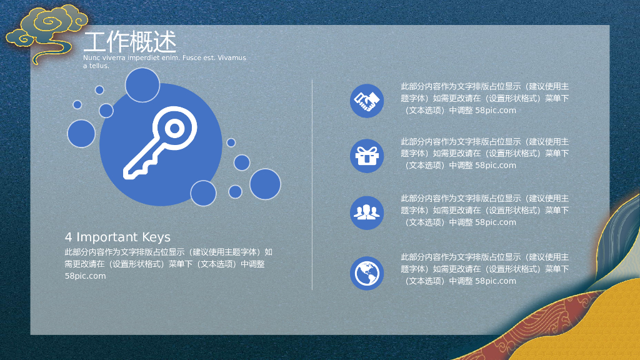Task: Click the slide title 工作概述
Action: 130,42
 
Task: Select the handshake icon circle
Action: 367,101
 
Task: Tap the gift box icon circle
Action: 367,156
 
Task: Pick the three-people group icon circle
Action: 367,212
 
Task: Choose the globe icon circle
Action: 367,273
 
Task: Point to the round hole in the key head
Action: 175,129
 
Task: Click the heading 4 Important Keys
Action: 117,237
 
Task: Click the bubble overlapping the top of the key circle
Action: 142,85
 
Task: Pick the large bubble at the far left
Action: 81,133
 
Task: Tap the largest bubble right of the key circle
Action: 265,184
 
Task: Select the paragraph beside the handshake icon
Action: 485,98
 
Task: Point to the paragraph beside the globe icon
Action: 485,269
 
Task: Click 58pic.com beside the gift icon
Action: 496,166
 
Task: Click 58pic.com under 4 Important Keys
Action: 85,276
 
